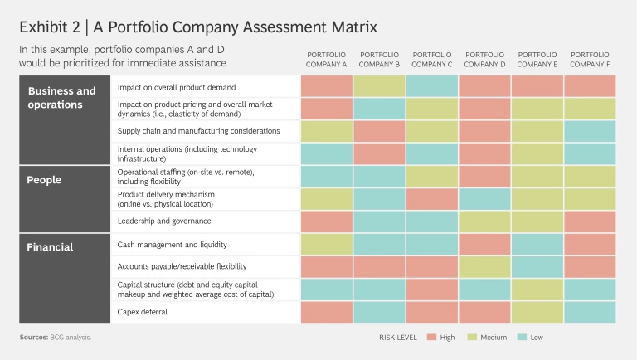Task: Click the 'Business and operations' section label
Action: (x=62, y=98)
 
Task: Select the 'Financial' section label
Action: (x=51, y=246)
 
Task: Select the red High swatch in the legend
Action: (x=431, y=338)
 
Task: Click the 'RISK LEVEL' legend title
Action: (x=396, y=338)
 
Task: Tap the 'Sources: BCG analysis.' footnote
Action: (x=55, y=338)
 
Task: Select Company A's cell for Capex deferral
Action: (x=327, y=312)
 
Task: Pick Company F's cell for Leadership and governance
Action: (x=590, y=221)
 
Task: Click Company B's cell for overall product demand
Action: (x=379, y=86)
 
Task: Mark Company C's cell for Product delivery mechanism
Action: (x=432, y=199)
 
